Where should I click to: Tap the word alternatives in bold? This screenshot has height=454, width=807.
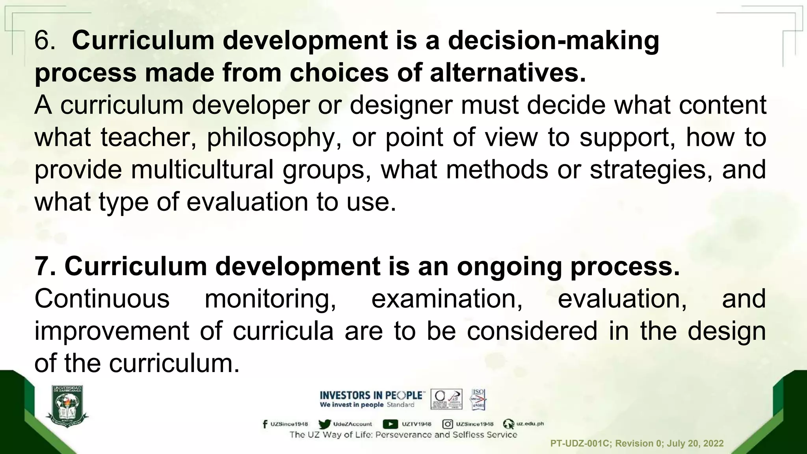pyautogui.click(x=508, y=73)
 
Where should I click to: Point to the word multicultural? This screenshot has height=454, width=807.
pyautogui.click(x=202, y=170)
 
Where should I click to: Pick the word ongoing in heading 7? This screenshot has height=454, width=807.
pyautogui.click(x=510, y=267)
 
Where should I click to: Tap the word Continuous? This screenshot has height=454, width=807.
pyautogui.click(x=102, y=299)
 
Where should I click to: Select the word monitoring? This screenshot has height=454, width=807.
pyautogui.click(x=270, y=299)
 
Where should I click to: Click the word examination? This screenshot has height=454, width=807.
pyautogui.click(x=447, y=299)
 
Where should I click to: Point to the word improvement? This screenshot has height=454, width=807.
pyautogui.click(x=112, y=331)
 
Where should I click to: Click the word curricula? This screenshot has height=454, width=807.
pyautogui.click(x=283, y=331)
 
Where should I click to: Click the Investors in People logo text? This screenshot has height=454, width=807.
pyautogui.click(x=372, y=395)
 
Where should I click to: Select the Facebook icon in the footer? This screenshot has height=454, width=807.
pyautogui.click(x=265, y=424)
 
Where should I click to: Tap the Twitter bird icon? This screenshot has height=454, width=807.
pyautogui.click(x=324, y=424)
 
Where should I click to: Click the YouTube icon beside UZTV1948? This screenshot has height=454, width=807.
pyautogui.click(x=390, y=424)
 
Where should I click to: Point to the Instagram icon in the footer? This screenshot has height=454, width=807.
pyautogui.click(x=447, y=424)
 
